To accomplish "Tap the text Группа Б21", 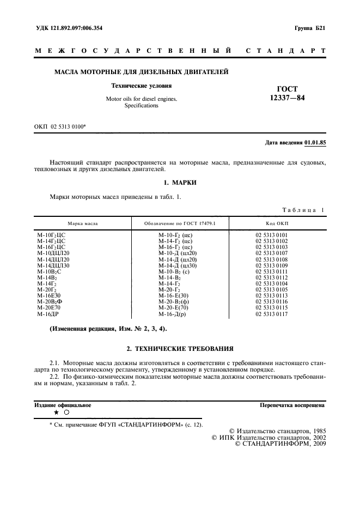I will pos(309,27).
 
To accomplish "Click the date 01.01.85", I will pos(315,142).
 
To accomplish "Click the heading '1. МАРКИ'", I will pos(180,183).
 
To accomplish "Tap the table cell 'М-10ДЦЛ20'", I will pos(53,253).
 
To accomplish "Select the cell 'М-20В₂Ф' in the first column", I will pos(50,302).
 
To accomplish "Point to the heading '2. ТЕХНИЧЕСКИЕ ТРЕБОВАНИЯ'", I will pos(180,348).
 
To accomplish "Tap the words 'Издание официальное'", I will pos(63,405).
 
